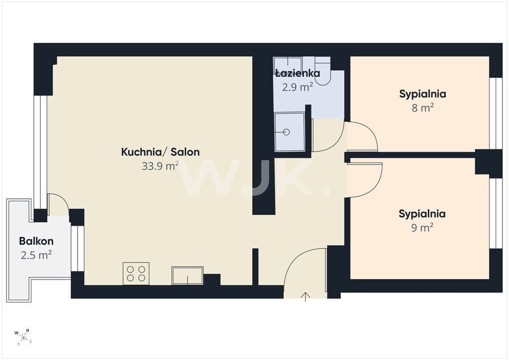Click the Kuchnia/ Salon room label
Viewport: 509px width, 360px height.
pos(161,152)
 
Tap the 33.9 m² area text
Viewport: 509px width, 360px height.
pos(161,166)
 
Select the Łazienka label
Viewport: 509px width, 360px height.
pos(298,73)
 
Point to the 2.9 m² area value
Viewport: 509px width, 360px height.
pos(298,87)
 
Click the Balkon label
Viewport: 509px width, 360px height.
pos(36,241)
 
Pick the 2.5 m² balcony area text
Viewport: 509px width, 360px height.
pos(36,255)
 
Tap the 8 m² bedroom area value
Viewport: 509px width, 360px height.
pos(423,108)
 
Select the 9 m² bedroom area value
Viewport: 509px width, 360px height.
pos(423,228)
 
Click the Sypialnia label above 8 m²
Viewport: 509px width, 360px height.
pos(423,94)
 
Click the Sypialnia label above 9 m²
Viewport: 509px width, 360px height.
pos(422,214)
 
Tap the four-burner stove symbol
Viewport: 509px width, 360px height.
pos(136,273)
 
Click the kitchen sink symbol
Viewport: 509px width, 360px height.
pos(187,275)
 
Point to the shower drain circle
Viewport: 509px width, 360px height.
pos(286,132)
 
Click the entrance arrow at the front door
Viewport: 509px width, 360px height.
pos(306,297)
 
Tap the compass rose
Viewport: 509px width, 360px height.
pos(23,337)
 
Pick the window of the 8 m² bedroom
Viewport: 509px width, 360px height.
pos(496,113)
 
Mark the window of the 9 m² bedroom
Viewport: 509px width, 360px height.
pos(496,213)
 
